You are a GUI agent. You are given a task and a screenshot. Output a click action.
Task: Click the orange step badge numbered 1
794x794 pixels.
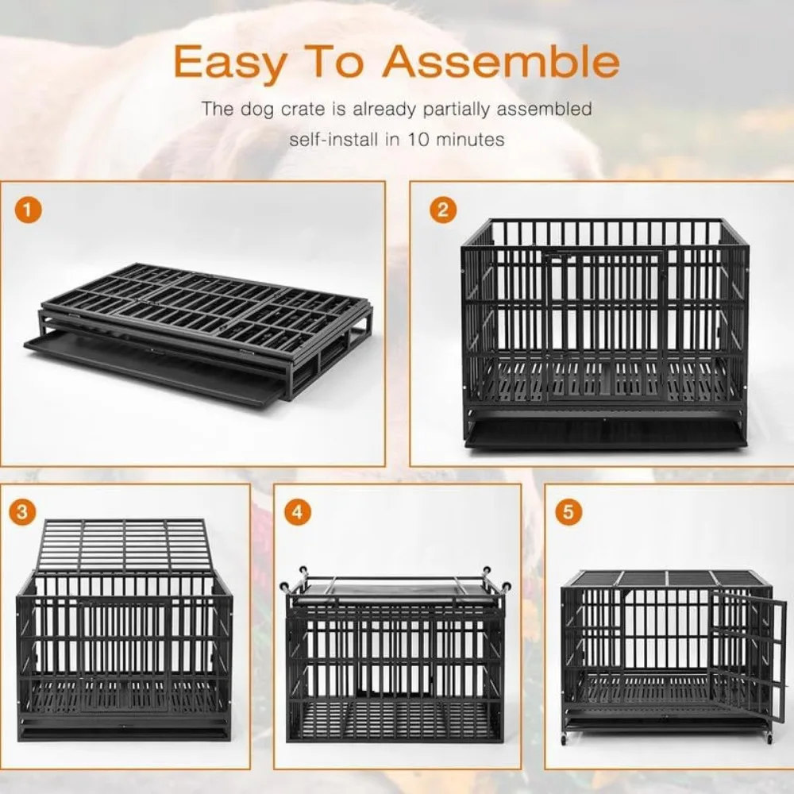pyautogui.click(x=30, y=211)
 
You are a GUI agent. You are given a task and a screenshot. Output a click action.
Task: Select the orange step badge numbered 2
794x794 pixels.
pyautogui.click(x=442, y=210)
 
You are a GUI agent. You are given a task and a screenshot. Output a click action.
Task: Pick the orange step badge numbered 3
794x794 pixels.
pyautogui.click(x=25, y=512)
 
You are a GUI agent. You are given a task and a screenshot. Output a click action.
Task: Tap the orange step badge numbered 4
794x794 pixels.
pyautogui.click(x=298, y=512)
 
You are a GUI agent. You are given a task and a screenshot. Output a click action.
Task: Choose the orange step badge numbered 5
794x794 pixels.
pyautogui.click(x=567, y=512)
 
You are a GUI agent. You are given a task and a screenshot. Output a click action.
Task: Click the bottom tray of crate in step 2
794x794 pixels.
pyautogui.click(x=605, y=435)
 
